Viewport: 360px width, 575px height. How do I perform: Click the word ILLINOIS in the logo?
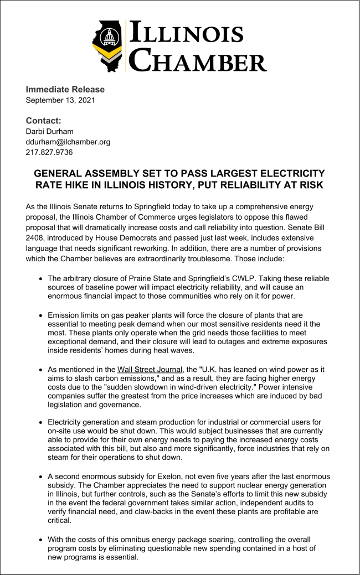click(186, 33)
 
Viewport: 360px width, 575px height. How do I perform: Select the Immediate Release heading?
click(65, 90)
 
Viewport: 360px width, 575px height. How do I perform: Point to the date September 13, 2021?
click(60, 101)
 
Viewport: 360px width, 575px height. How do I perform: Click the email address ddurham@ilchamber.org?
click(68, 142)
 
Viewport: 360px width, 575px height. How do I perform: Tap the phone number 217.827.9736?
click(50, 152)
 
